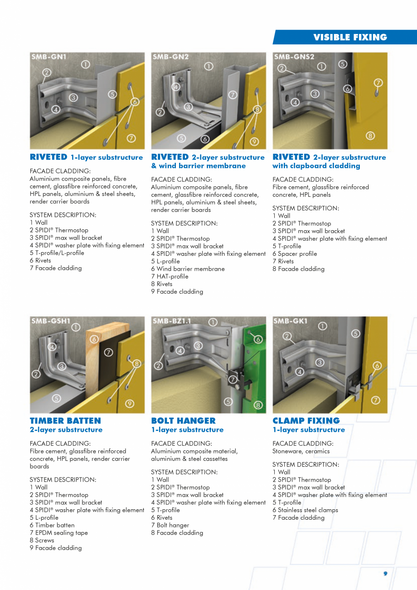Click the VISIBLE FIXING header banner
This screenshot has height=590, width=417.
click(349, 37)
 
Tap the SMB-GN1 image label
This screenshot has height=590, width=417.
click(48, 57)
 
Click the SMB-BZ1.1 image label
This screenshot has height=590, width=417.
click(172, 321)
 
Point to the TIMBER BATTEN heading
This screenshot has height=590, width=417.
click(65, 420)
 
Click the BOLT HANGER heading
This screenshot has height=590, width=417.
click(183, 420)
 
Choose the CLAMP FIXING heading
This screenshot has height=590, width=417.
click(306, 420)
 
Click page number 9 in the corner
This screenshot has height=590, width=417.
click(385, 573)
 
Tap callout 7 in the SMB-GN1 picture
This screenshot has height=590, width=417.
click(131, 138)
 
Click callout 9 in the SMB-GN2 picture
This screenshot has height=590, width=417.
click(254, 141)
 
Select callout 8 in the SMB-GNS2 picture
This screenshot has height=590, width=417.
click(370, 136)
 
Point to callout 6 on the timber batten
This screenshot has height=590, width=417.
click(94, 339)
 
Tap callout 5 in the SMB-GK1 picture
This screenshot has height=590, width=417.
click(356, 333)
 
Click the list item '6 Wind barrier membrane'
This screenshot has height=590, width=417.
click(188, 269)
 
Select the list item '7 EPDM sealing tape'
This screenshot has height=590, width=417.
click(59, 533)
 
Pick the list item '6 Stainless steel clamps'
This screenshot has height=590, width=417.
click(305, 510)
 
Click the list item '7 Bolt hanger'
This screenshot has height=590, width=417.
click(170, 525)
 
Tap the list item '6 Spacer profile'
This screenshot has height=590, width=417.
click(295, 254)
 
